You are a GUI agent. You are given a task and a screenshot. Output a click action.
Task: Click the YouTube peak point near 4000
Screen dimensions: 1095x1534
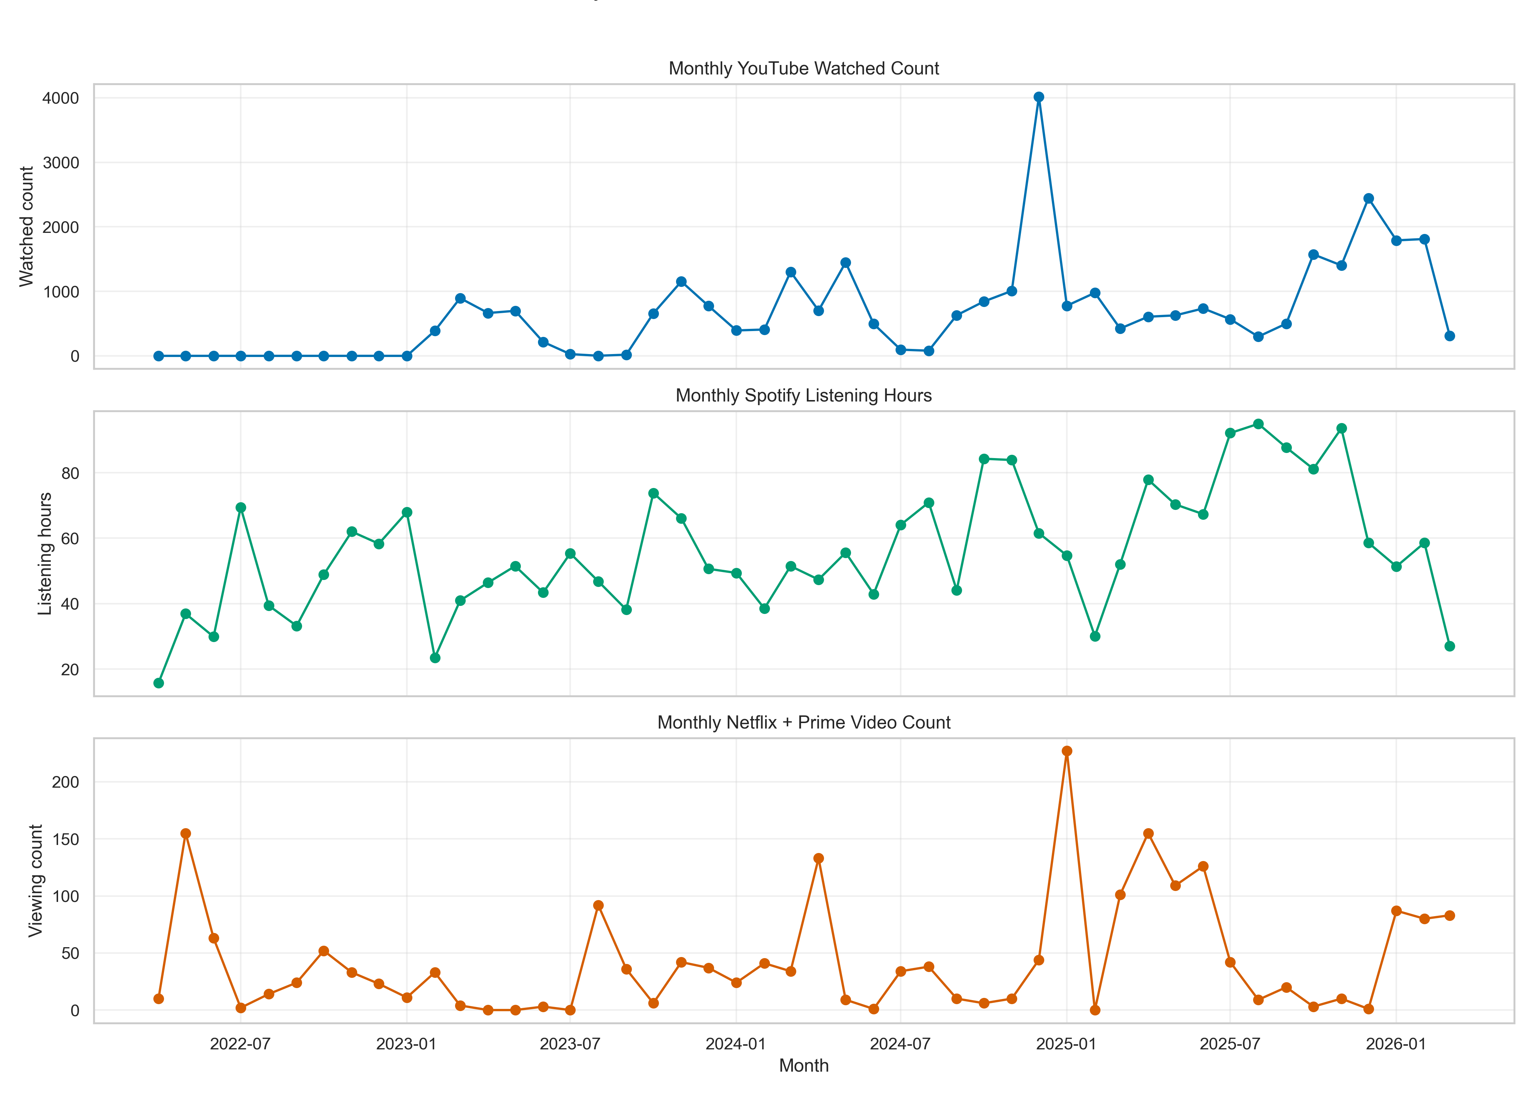coord(1039,97)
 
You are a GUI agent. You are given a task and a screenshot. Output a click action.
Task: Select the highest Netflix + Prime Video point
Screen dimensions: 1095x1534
coord(1066,751)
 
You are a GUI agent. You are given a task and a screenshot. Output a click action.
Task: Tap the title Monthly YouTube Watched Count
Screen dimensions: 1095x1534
coord(804,69)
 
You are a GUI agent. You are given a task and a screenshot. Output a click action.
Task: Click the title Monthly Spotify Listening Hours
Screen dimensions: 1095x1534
coord(804,396)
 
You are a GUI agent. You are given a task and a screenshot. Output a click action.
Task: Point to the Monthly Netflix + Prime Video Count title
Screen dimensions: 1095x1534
coord(804,723)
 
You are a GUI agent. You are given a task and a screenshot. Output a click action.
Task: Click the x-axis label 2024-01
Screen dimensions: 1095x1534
coord(735,1044)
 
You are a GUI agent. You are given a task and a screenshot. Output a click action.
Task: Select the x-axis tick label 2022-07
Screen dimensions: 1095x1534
coord(240,1044)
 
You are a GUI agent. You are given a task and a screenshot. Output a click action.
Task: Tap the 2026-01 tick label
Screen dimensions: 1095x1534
coord(1396,1044)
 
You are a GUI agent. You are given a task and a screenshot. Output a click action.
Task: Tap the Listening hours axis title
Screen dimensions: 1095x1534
coord(45,554)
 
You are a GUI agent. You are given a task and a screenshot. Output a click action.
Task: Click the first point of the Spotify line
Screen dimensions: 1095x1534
coord(159,683)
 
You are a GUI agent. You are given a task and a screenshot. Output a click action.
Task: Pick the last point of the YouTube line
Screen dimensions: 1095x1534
coord(1450,336)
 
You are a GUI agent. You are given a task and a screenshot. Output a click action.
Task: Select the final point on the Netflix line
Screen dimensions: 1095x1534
coord(1450,916)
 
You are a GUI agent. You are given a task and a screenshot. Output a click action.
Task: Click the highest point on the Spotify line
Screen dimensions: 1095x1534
coord(1258,424)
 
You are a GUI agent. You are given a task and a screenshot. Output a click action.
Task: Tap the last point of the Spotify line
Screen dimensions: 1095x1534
coord(1450,646)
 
